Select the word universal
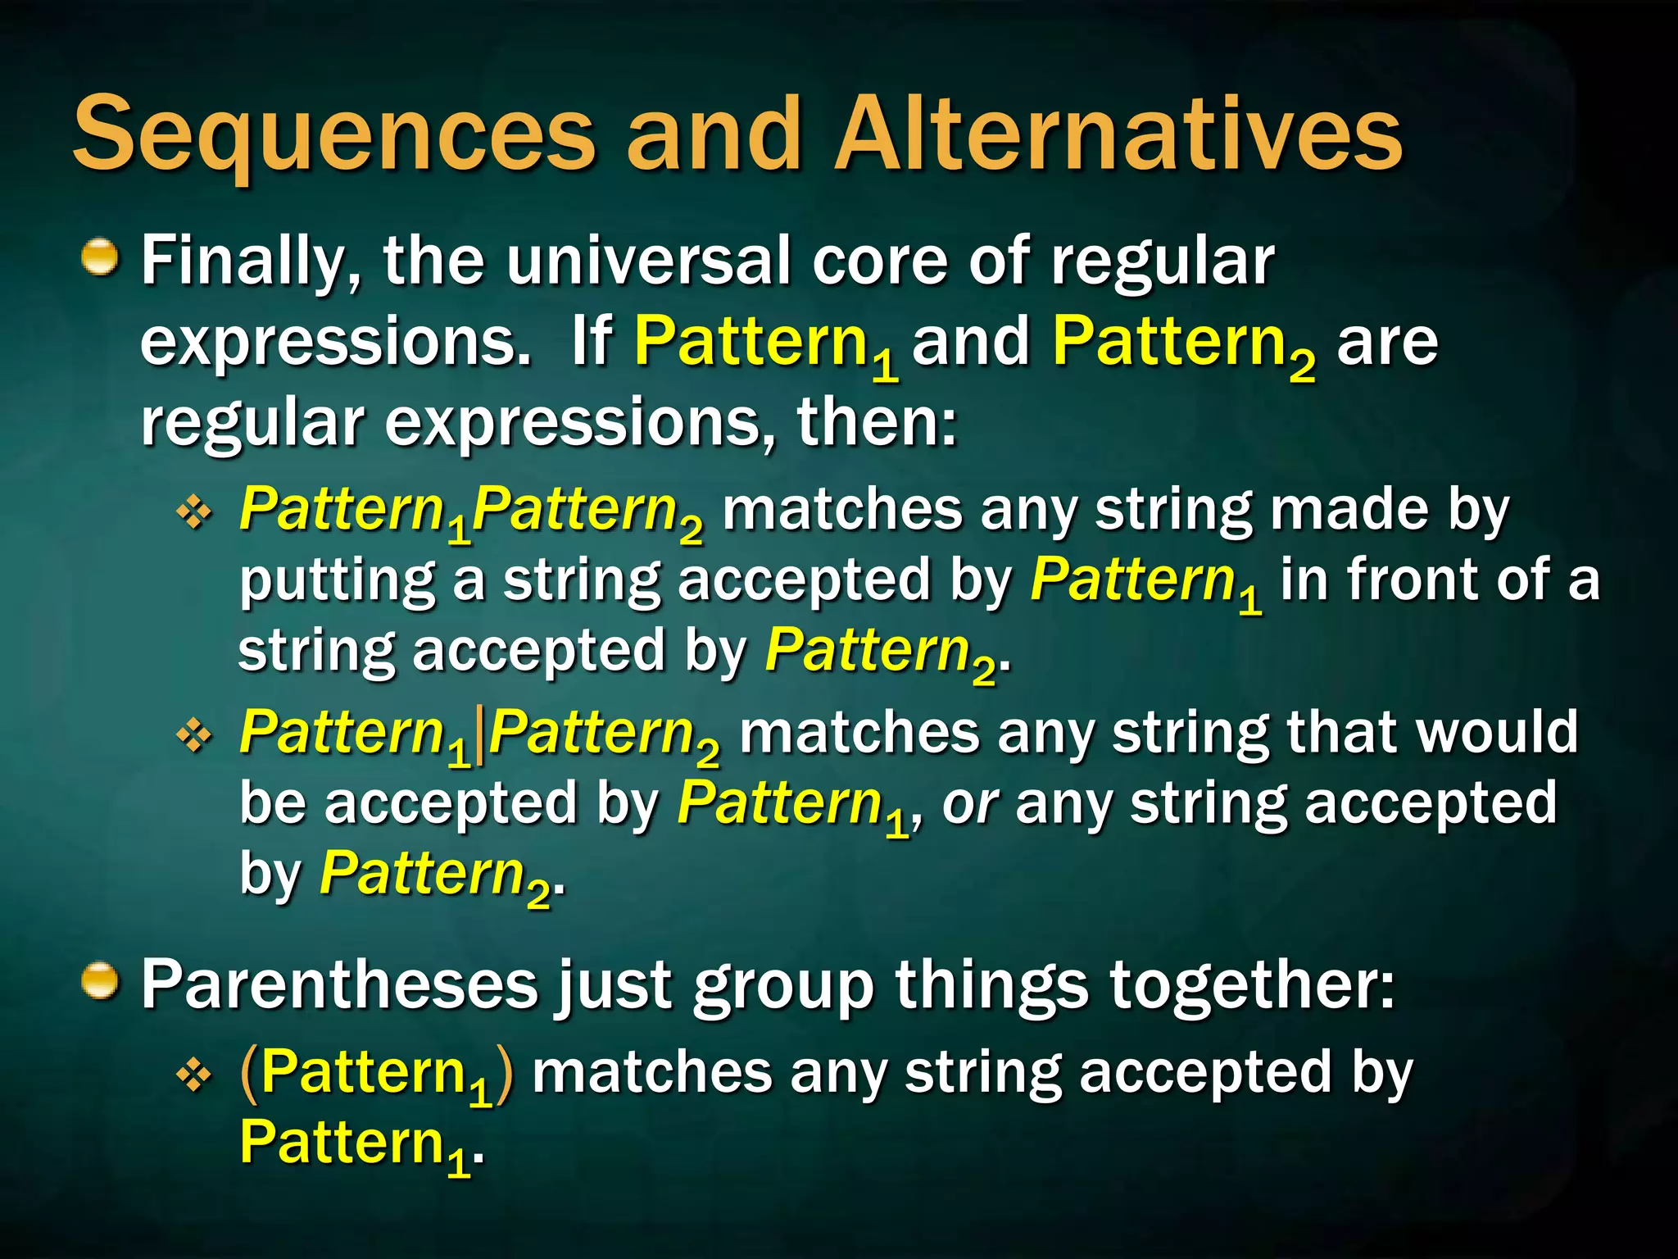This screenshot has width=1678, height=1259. (x=648, y=261)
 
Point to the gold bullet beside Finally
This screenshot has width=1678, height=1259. (x=101, y=257)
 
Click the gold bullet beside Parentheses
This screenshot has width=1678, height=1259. (x=101, y=981)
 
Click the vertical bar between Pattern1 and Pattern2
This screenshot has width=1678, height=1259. (x=479, y=735)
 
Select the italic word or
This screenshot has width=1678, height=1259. (x=968, y=804)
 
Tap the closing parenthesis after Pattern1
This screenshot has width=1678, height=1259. (x=506, y=1074)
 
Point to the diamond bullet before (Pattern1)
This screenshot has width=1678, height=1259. (x=194, y=1075)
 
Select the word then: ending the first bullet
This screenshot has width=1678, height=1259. (x=877, y=422)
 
